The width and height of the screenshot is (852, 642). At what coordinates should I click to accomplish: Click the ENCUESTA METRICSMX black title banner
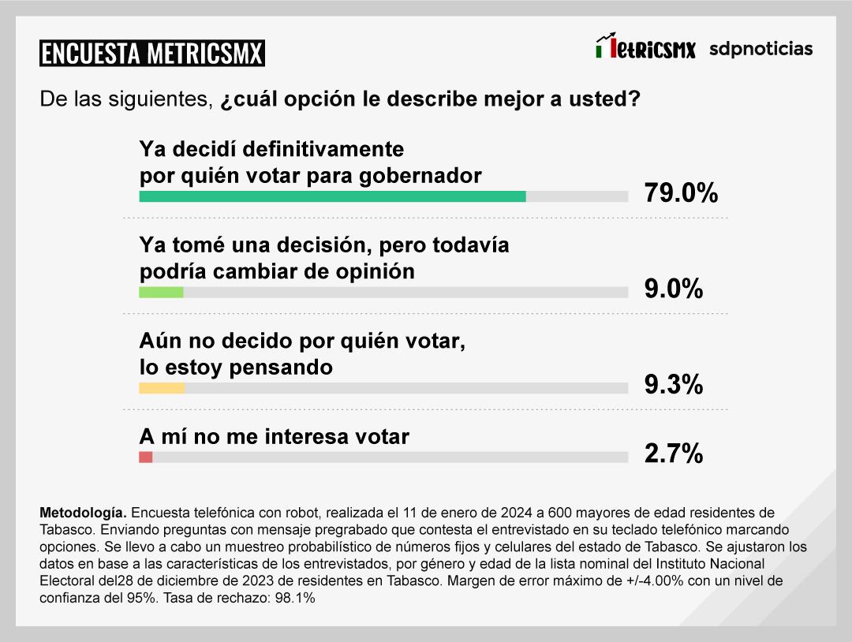tap(151, 53)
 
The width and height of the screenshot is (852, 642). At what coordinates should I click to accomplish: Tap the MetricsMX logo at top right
tap(645, 48)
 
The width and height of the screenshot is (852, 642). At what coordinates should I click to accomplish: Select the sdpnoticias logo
tap(760, 49)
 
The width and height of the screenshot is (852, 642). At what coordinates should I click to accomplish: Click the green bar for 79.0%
tap(332, 196)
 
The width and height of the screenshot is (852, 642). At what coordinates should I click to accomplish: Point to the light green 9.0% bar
tap(161, 292)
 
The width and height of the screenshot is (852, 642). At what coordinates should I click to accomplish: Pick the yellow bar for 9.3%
tap(162, 388)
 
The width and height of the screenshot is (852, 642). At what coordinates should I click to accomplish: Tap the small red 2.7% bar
tap(145, 457)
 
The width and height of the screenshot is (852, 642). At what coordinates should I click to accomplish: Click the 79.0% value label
tap(681, 192)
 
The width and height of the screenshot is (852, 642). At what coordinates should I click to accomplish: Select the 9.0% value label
tap(673, 289)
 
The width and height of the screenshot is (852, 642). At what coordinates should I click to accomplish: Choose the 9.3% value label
tap(673, 385)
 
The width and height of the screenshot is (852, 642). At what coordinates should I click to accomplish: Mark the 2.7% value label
tap(673, 454)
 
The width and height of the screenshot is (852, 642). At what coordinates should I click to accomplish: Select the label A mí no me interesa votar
tap(274, 436)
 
